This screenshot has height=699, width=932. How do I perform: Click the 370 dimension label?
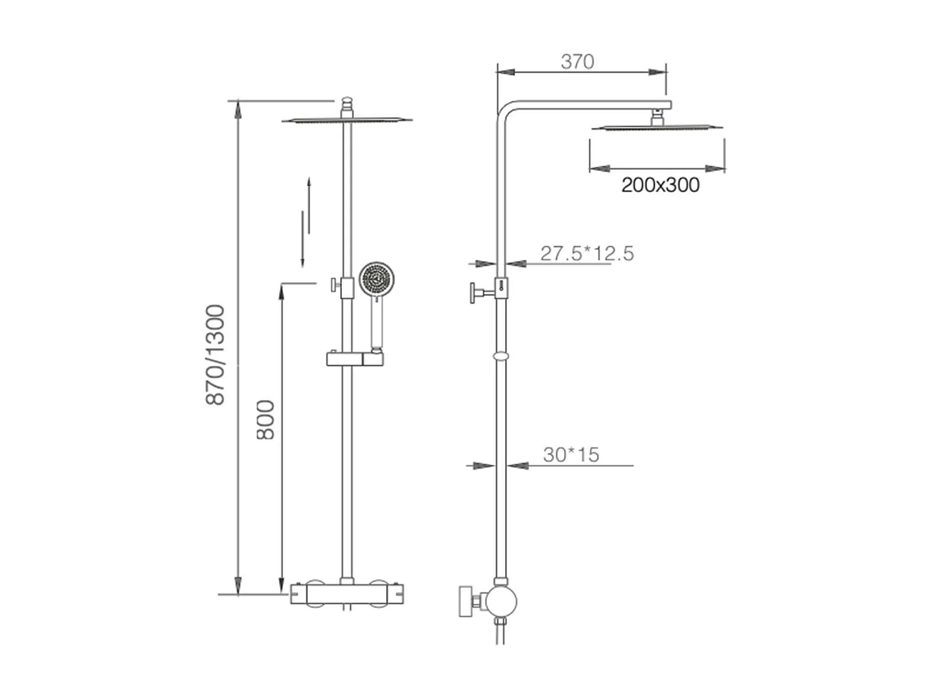[577, 62]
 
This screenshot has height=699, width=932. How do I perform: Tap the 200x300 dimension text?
[660, 185]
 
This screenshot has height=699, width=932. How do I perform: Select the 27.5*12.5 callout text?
[587, 253]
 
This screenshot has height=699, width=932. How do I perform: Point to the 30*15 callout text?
[571, 455]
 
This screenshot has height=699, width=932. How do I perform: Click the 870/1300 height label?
[215, 355]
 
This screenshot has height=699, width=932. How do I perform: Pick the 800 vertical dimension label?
[265, 420]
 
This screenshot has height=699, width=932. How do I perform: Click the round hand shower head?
[376, 279]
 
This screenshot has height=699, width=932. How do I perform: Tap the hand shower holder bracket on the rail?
[355, 359]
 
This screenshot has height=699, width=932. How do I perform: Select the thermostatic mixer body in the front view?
[347, 594]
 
